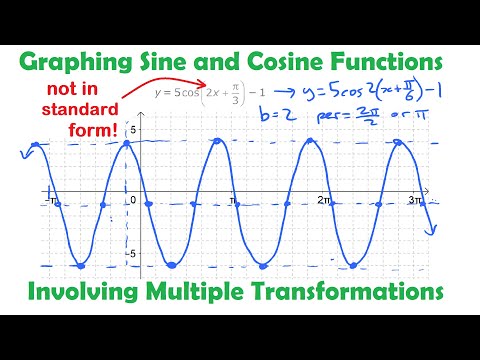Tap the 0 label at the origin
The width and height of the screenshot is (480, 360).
[x=132, y=199]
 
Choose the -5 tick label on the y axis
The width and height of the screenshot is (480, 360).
[x=130, y=253]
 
